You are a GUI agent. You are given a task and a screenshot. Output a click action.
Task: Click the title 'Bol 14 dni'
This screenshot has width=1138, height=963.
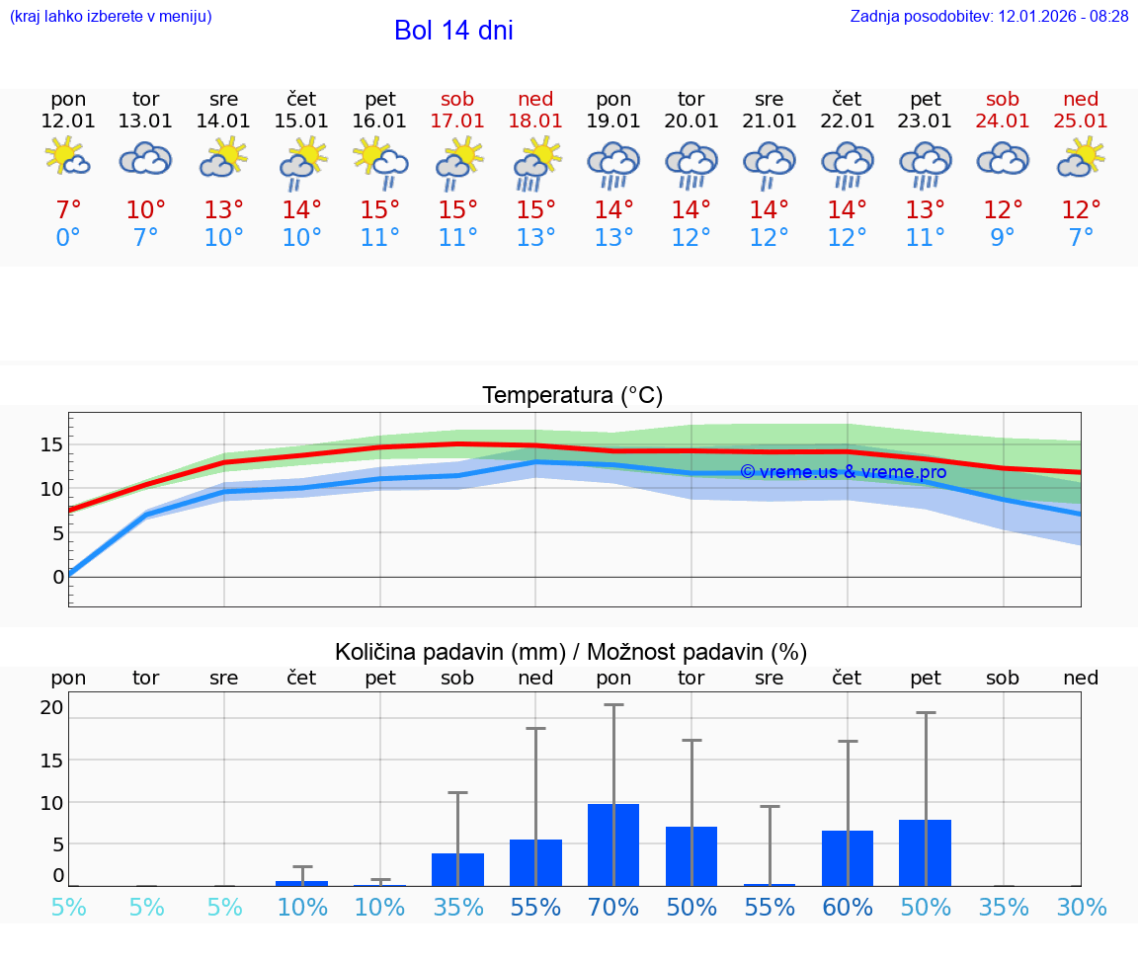click(453, 31)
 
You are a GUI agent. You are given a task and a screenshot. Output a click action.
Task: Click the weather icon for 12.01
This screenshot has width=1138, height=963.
click(68, 158)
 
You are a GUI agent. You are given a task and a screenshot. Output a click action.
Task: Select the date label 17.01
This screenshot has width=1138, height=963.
click(457, 121)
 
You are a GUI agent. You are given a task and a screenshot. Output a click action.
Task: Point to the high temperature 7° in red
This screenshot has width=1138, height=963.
click(68, 210)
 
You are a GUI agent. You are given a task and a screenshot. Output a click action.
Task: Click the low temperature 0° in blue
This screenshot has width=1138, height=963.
click(68, 238)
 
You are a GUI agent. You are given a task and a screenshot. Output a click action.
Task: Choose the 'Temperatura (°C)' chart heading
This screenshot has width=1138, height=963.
click(572, 396)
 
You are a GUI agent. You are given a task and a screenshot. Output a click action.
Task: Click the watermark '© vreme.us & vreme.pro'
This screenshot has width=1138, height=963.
click(843, 472)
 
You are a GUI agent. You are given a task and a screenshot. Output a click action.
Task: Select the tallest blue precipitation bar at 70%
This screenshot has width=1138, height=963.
click(613, 845)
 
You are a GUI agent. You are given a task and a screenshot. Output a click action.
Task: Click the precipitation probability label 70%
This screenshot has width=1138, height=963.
click(613, 908)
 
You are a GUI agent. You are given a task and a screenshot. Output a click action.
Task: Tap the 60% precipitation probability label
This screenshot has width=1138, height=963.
click(848, 908)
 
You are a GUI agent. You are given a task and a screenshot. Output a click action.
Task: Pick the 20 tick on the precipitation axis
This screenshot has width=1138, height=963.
click(51, 707)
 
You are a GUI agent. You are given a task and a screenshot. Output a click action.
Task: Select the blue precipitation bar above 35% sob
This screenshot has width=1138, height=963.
click(457, 869)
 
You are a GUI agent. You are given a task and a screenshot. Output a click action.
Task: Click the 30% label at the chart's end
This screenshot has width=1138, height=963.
click(1081, 908)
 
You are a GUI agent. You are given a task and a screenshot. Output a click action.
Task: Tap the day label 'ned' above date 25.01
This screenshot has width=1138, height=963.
click(1081, 99)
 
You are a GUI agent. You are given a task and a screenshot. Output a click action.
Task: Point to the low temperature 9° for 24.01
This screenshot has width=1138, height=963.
click(1003, 238)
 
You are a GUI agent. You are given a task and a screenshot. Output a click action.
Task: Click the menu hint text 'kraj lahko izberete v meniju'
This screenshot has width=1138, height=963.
click(110, 17)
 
